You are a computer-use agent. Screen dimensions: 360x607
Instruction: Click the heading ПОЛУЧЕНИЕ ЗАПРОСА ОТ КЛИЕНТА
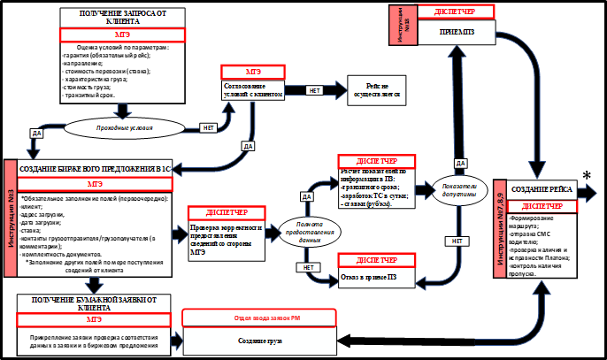(123, 19)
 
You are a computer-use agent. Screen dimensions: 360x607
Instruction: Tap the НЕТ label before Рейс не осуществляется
(314, 90)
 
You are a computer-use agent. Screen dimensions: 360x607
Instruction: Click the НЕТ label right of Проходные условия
(208, 126)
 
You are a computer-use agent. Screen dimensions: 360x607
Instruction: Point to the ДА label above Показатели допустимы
(460, 164)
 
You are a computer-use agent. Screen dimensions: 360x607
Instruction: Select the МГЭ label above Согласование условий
(253, 71)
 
